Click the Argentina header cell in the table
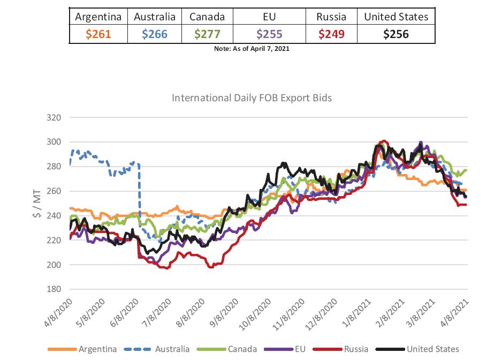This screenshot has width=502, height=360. [98, 17]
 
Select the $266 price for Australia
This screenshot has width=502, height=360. [155, 34]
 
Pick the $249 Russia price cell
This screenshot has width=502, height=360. [331, 34]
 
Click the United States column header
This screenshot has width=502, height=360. [396, 17]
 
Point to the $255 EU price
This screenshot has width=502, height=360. [269, 34]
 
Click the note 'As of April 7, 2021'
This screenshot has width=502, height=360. [251, 49]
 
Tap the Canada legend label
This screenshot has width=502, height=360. [241, 349]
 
